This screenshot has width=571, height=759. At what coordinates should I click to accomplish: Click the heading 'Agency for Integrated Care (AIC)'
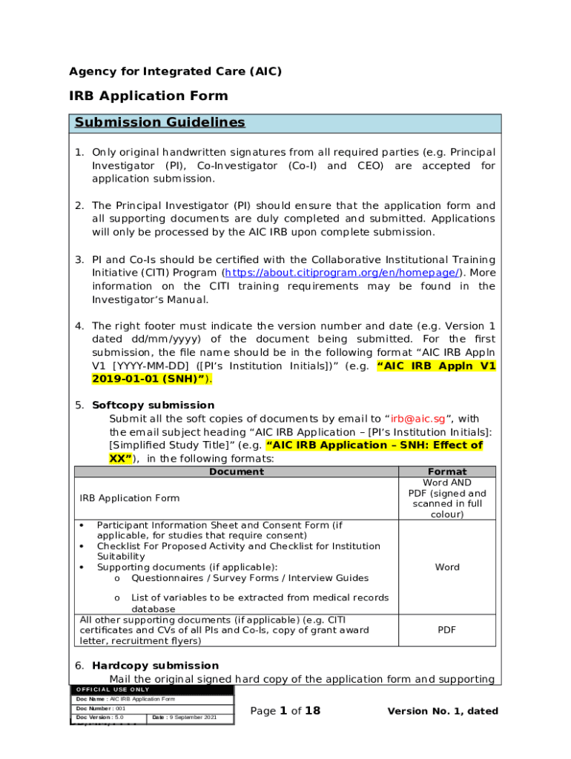coord(175,72)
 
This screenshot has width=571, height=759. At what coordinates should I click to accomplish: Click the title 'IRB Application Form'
coord(148,96)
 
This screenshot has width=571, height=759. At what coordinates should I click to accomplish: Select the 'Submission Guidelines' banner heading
coord(157,122)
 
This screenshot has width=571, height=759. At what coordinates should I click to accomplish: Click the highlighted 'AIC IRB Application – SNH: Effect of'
coord(374,445)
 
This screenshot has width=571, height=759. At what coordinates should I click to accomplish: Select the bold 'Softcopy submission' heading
coord(153,405)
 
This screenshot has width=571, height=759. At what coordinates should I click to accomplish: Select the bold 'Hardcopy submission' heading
coord(155,666)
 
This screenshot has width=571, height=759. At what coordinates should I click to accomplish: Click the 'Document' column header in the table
coord(236,472)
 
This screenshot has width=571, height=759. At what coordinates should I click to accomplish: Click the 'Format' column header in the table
coord(447,472)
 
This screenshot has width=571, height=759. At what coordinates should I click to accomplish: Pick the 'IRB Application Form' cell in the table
coord(129,498)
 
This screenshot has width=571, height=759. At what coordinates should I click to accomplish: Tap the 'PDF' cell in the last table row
coord(446,630)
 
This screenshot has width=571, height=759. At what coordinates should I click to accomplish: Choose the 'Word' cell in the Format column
coord(447,567)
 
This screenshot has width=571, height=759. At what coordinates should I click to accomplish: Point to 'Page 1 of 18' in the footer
coord(285,712)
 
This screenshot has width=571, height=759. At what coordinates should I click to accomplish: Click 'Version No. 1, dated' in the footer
coord(443,712)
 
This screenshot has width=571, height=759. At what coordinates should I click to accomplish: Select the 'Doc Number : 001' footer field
coord(100,709)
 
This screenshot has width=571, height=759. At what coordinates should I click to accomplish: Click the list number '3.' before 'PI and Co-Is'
coord(79,259)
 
